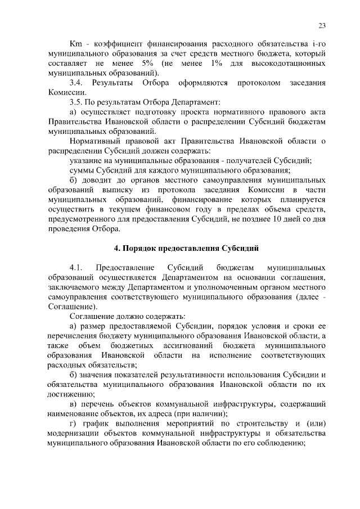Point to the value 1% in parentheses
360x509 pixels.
219,64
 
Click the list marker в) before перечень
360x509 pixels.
73,404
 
